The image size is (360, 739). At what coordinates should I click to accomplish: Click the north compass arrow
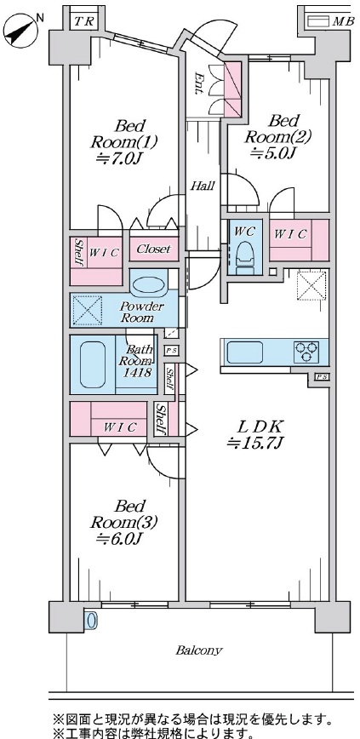pyautogui.click(x=21, y=29)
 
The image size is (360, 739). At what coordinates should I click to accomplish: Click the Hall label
pyautogui.click(x=203, y=186)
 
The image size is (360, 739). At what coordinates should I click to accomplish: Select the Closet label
pyautogui.click(x=154, y=249)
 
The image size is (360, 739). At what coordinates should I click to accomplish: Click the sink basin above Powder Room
pyautogui.click(x=147, y=284)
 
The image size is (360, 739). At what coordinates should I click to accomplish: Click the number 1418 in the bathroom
pyautogui.click(x=138, y=373)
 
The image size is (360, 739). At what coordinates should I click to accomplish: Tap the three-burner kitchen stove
pyautogui.click(x=306, y=352)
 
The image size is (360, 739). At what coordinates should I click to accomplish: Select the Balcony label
pyautogui.click(x=199, y=650)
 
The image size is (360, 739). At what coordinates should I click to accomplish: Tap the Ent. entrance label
pyautogui.click(x=199, y=83)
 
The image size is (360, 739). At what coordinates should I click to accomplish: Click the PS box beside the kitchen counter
pyautogui.click(x=322, y=376)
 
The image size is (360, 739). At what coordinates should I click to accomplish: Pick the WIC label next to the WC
pyautogui.click(x=290, y=233)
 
